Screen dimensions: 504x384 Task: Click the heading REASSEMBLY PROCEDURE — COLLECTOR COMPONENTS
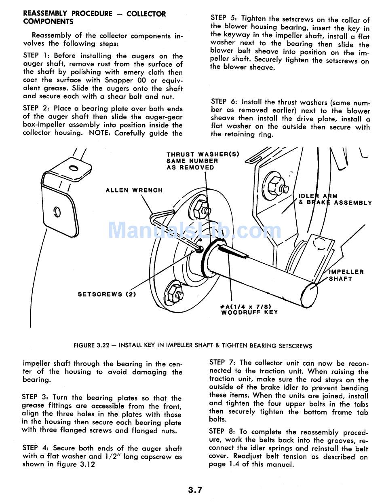[x=94, y=17]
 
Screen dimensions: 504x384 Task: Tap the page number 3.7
[x=195, y=490]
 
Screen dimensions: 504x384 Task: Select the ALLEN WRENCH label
[x=134, y=190]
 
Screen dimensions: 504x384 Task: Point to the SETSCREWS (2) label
[x=107, y=294]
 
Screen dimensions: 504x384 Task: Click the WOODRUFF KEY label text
[x=249, y=312]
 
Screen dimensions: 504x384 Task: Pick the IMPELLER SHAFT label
[x=346, y=275]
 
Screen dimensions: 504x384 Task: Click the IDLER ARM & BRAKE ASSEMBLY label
[x=335, y=199]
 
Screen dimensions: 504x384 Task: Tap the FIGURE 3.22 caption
[x=193, y=346]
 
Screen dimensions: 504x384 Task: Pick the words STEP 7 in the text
[x=223, y=362]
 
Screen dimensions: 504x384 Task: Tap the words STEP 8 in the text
[x=223, y=432]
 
